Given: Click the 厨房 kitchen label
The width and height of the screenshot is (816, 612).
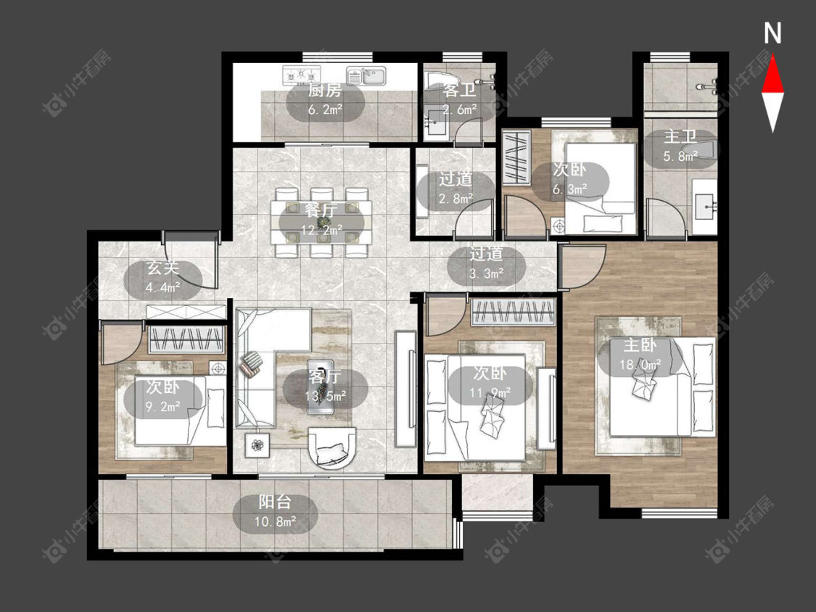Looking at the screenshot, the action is (325, 91).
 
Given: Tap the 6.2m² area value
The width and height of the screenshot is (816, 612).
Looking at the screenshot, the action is (325, 109).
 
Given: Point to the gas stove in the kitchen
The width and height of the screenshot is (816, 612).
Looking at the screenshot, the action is (301, 75).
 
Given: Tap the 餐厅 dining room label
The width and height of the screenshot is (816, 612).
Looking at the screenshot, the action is (321, 210).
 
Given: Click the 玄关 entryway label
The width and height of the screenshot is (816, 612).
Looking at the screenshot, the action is (163, 268).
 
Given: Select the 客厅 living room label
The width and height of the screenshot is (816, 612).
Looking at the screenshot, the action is (325, 376).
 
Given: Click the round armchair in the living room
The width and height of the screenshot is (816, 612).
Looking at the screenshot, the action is (332, 447).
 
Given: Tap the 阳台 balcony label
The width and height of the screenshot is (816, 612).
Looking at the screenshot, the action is (275, 502).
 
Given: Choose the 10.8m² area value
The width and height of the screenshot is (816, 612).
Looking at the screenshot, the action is (275, 521).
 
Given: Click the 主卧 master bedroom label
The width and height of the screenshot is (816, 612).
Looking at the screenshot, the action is (640, 344).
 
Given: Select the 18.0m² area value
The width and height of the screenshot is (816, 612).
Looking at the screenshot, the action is (640, 364).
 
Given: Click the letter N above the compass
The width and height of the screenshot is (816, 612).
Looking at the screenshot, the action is (772, 33).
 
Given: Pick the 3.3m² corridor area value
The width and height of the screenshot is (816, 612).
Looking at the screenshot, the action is (486, 273).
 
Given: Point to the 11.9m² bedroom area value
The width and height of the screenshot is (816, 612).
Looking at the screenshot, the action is (490, 392).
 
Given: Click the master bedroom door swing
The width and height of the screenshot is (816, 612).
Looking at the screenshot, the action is (582, 266).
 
